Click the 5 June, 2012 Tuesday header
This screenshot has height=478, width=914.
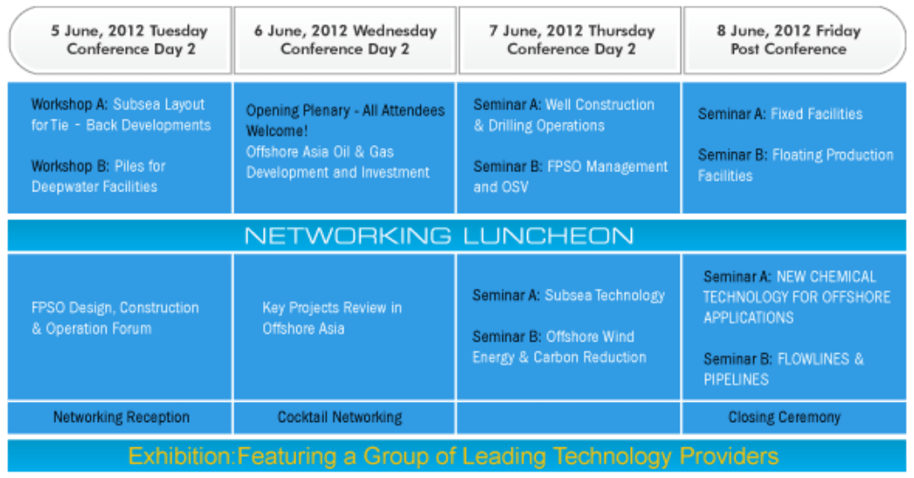pyautogui.click(x=128, y=39)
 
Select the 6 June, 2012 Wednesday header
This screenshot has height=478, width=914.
pyautogui.click(x=345, y=39)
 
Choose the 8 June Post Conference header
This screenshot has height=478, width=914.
pyautogui.click(x=789, y=39)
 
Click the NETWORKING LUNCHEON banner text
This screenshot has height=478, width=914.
pyautogui.click(x=439, y=235)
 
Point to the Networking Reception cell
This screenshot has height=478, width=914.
pyautogui.click(x=121, y=418)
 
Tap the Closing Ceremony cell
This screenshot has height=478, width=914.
pyautogui.click(x=785, y=418)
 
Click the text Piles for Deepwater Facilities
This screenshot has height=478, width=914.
pyautogui.click(x=99, y=177)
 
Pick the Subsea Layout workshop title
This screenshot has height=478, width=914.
pyautogui.click(x=121, y=114)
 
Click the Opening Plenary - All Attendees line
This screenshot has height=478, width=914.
pyautogui.click(x=345, y=110)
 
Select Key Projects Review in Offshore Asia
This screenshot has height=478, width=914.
pyautogui.click(x=332, y=318)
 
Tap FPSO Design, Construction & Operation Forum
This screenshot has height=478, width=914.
pyautogui.click(x=115, y=318)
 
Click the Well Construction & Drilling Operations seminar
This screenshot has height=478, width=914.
pyautogui.click(x=564, y=114)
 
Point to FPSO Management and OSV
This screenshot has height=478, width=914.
pyautogui.click(x=571, y=177)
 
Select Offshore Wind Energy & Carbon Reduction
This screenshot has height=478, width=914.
pyautogui.click(x=559, y=347)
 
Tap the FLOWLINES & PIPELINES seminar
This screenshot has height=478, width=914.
pyautogui.click(x=784, y=369)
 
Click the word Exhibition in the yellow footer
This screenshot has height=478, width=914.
pyautogui.click(x=180, y=456)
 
